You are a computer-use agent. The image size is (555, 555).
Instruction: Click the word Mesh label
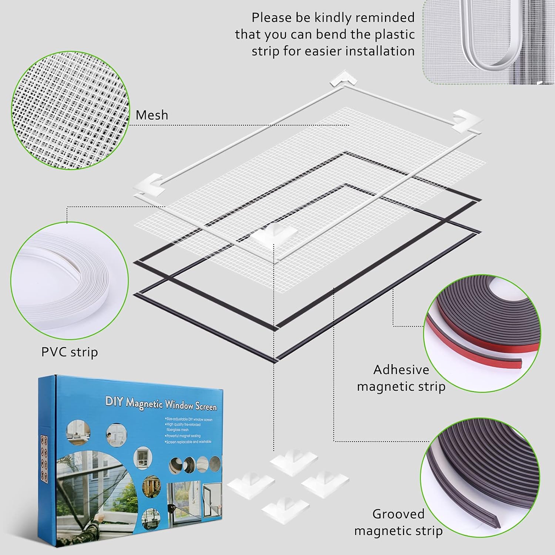click(152, 115)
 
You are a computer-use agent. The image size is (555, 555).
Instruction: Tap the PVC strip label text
click(70, 352)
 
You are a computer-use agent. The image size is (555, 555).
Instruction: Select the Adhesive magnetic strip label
click(401, 378)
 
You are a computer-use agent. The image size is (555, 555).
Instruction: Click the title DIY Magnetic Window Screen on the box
click(161, 403)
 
